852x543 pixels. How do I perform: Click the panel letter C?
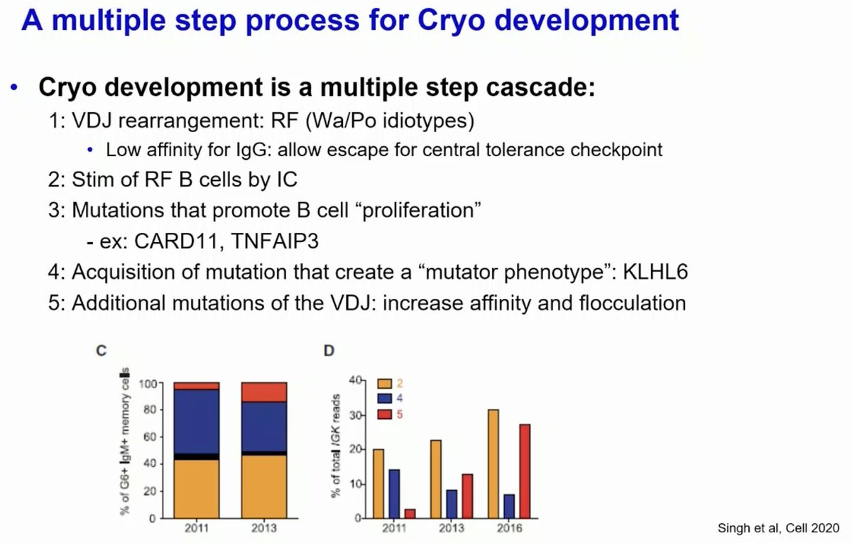click(x=102, y=350)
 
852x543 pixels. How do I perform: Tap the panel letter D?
click(x=329, y=350)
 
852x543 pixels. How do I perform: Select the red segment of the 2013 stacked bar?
click(x=264, y=392)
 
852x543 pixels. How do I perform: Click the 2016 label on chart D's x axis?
click(x=509, y=529)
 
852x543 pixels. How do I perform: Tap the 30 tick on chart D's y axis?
click(x=354, y=415)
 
